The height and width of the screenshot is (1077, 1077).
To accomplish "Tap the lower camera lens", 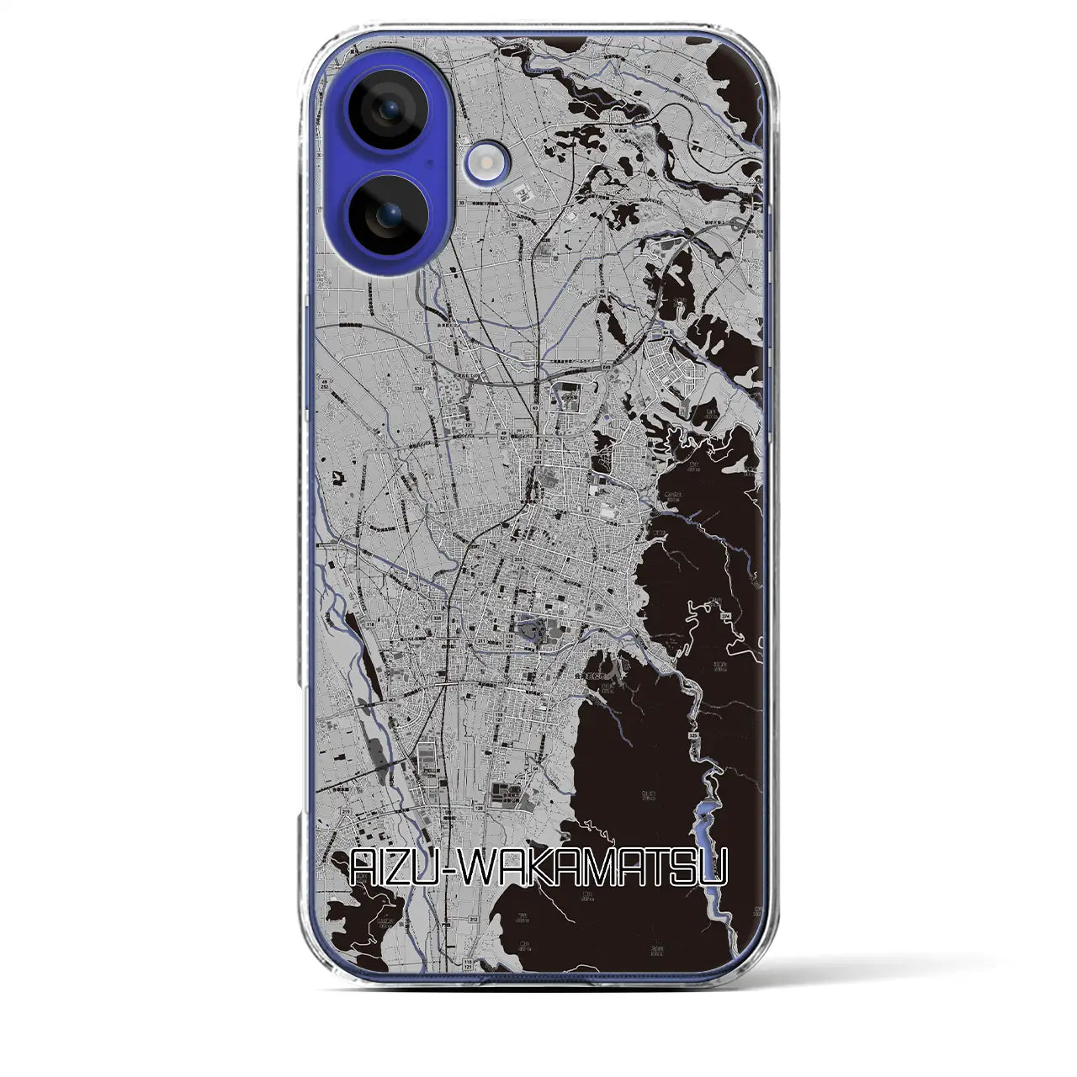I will click(386, 215).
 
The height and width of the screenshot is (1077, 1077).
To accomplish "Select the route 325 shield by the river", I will click(692, 735).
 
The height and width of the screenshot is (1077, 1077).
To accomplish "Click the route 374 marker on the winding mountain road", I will click(724, 618).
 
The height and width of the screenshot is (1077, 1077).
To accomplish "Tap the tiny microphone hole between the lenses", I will click(430, 162).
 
